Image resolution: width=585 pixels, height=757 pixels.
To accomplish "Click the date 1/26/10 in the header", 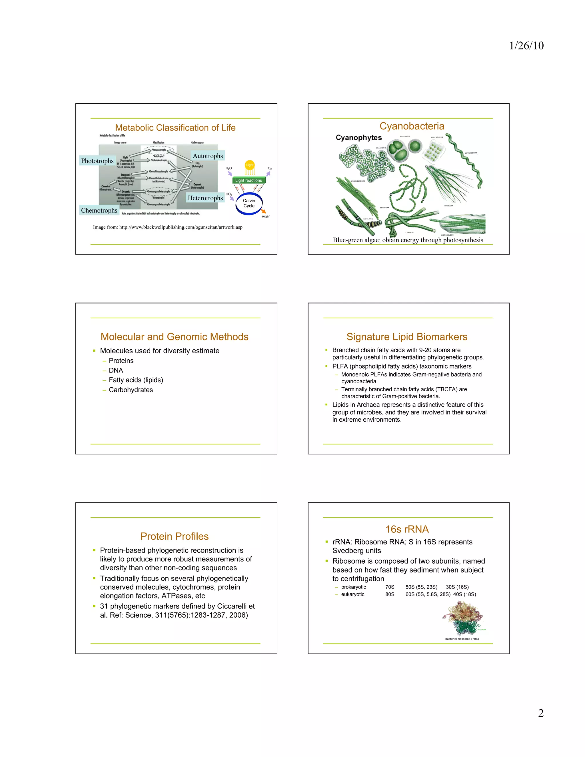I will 526,45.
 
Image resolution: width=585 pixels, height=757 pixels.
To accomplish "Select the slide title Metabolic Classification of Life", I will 175,128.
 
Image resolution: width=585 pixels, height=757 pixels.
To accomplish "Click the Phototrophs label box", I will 97,161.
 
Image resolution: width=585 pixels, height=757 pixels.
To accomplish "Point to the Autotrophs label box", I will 208,156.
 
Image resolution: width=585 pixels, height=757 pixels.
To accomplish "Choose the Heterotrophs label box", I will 205,198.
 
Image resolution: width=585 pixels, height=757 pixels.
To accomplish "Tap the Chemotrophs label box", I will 99,211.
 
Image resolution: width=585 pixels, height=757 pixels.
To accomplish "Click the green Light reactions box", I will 249,180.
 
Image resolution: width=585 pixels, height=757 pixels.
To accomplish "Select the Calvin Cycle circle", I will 249,203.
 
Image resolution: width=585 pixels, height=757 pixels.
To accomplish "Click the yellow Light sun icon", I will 250,165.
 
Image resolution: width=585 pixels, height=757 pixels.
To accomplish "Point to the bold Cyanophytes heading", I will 359,138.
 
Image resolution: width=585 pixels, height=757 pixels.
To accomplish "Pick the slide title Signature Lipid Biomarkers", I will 407,337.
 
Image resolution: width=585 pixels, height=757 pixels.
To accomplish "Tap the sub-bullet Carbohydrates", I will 131,390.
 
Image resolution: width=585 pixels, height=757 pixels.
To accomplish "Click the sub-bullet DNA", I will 116,370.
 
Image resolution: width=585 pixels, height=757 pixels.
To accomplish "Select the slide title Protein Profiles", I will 174,536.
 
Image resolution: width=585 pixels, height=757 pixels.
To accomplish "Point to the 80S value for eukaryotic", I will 390,594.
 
